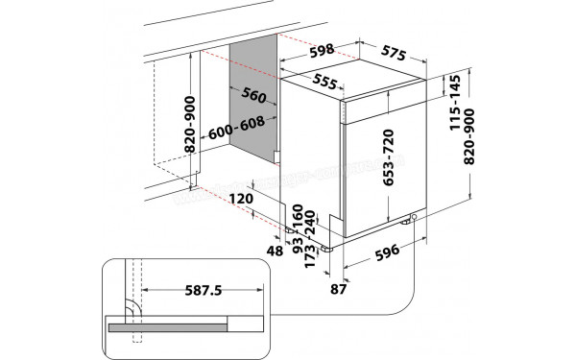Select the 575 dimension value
coord(385,55)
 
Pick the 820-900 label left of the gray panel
coord(192,125)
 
